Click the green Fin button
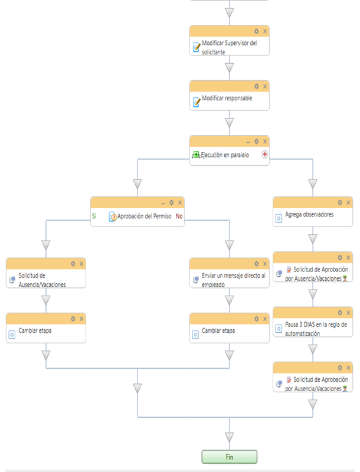(229, 457)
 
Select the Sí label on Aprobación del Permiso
(94, 217)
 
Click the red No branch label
(179, 217)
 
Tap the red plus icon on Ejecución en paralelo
(264, 155)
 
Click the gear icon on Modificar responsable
(256, 86)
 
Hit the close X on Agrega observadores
(348, 202)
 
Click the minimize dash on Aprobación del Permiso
(163, 202)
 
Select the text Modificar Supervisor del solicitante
(230, 47)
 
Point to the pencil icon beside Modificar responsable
(197, 102)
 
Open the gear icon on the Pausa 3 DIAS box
(339, 313)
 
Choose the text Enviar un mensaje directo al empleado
(234, 280)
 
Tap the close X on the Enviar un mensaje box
(265, 264)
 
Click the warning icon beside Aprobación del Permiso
(112, 217)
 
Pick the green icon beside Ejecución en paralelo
(196, 155)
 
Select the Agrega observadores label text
(309, 215)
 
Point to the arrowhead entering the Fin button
(230, 438)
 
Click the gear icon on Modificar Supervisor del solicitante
(256, 31)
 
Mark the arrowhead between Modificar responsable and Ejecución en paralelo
(230, 123)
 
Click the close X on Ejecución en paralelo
(265, 142)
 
